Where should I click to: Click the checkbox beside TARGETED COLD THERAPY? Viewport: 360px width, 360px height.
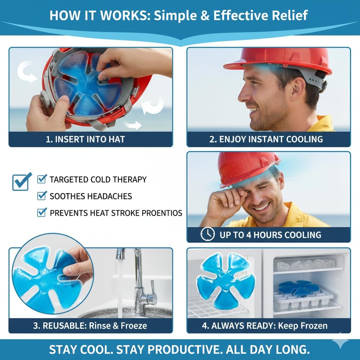(x=42, y=179)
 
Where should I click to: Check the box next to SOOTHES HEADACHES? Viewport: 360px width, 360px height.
(x=42, y=195)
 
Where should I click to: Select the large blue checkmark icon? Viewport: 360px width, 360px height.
(x=22, y=181)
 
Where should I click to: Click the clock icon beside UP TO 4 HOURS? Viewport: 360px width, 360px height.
(x=207, y=234)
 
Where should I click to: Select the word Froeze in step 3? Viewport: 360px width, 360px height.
(x=134, y=326)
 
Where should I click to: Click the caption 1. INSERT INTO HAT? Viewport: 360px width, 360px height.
(x=85, y=139)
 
